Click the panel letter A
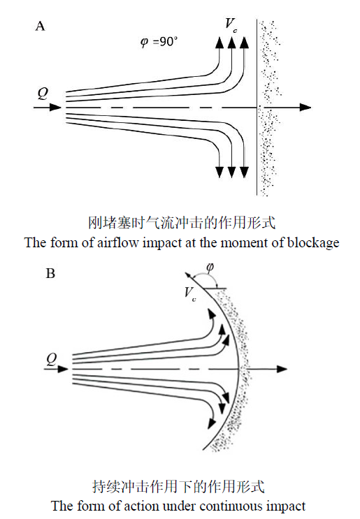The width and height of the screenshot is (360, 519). point(40,26)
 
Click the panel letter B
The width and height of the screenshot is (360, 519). point(50,273)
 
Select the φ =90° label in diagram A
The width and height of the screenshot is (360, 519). point(159,42)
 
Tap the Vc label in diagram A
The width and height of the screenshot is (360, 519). point(231,25)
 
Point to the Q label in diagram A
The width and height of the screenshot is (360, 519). point(43,94)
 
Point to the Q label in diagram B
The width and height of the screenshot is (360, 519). point(52,359)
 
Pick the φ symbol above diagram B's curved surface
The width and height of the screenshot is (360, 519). point(210,267)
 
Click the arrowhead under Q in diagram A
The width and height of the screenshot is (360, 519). point(55,108)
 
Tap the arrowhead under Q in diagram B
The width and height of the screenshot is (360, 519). point(63,369)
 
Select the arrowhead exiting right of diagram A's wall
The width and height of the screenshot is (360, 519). point(305,108)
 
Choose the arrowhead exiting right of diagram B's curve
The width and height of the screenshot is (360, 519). point(282,369)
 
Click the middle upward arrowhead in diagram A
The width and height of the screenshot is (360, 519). point(231,43)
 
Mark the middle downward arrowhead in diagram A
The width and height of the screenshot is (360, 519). point(231,172)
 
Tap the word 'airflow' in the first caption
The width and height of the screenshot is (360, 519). point(118,242)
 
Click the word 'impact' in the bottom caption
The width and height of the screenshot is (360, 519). point(286,506)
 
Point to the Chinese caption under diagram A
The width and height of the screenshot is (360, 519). point(182,223)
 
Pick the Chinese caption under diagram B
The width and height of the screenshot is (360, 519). point(178,487)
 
